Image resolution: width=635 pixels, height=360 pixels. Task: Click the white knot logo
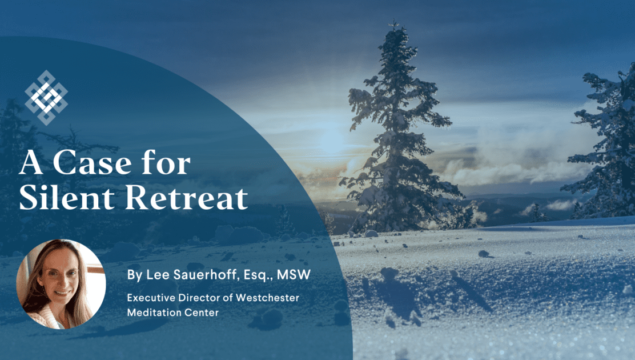46,97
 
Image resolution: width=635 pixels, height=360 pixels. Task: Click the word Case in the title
92,163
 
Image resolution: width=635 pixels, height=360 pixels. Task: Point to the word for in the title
166,162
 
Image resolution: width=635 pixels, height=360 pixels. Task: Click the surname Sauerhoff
208,274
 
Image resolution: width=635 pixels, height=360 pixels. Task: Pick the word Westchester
268,298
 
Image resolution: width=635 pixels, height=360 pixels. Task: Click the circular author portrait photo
61,284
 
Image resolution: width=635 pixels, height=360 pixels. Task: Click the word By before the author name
135,275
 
